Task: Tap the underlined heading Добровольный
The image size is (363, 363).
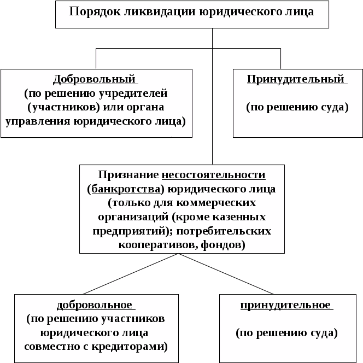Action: pos(94,79)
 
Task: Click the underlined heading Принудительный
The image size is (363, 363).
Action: pos(296,79)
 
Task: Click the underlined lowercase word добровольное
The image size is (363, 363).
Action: pos(95,305)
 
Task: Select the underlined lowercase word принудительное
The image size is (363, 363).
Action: pos(285,305)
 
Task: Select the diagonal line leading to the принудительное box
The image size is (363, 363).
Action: pos(227,274)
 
